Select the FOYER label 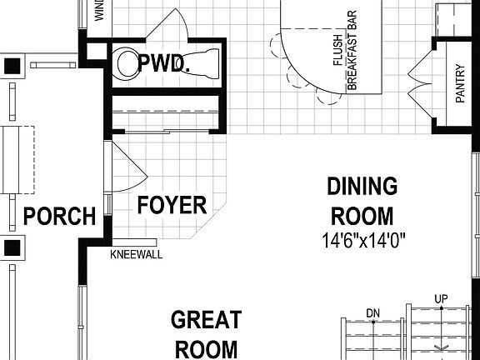(x=172, y=205)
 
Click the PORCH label (x=60, y=217)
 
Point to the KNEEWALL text (x=136, y=256)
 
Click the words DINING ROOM (x=362, y=200)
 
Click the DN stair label (x=373, y=312)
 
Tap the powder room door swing (x=171, y=25)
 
